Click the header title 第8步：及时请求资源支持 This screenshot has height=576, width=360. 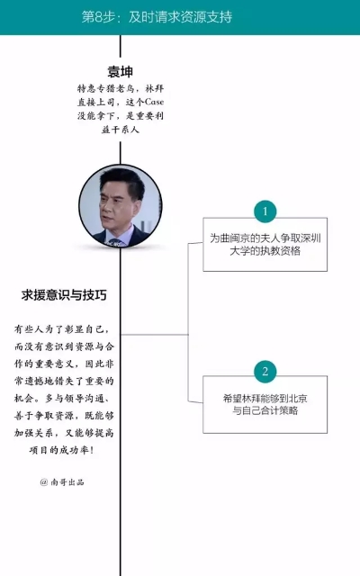pos(157,17)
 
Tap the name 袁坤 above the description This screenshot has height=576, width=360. pos(120,71)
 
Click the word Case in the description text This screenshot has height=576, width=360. pos(154,102)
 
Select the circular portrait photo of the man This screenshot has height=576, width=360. pos(121,206)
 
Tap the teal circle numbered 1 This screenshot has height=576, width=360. pos(265,211)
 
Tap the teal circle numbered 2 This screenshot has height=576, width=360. pos(265,372)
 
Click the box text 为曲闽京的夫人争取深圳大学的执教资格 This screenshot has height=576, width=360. pos(265,245)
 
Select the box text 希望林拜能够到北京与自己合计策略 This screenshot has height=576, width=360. pos(265,404)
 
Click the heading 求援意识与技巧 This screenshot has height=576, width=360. pos(64,295)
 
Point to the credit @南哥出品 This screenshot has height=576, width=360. pos(62,482)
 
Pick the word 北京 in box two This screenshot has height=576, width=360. pos(297,399)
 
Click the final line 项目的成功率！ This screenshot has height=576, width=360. pos(61,450)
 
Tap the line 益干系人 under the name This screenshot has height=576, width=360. pos(120,130)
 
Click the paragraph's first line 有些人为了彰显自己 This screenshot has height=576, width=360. pos(62,329)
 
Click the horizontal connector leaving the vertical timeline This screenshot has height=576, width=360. pos(155,334)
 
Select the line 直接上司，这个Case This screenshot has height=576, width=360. pos(121,102)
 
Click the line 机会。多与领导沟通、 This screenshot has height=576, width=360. pos(62,398)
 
